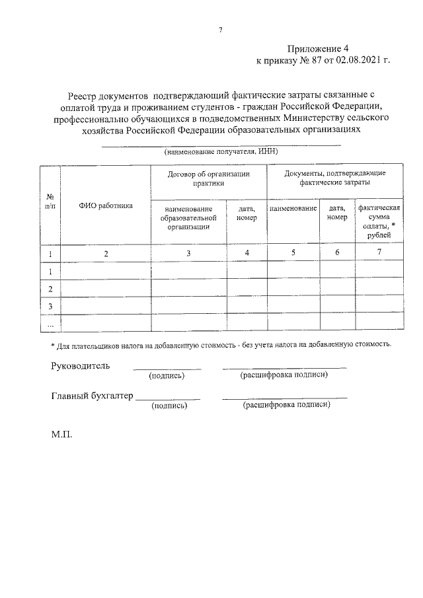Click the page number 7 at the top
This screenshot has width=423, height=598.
[221, 30]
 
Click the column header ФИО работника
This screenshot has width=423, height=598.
[106, 206]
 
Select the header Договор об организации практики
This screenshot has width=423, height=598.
[208, 178]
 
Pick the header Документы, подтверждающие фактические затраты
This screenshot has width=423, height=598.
[334, 178]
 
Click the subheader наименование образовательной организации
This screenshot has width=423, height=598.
[188, 217]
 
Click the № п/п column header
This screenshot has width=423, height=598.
[50, 201]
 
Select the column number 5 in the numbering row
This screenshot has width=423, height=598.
[293, 252]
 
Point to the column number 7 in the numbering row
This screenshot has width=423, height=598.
[379, 252]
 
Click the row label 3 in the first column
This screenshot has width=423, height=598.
[50, 306]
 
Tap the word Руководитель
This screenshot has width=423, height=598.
[81, 366]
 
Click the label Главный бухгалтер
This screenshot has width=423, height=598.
[92, 396]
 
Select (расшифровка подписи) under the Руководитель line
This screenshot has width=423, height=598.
[284, 375]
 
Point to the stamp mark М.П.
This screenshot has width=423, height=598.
[61, 437]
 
